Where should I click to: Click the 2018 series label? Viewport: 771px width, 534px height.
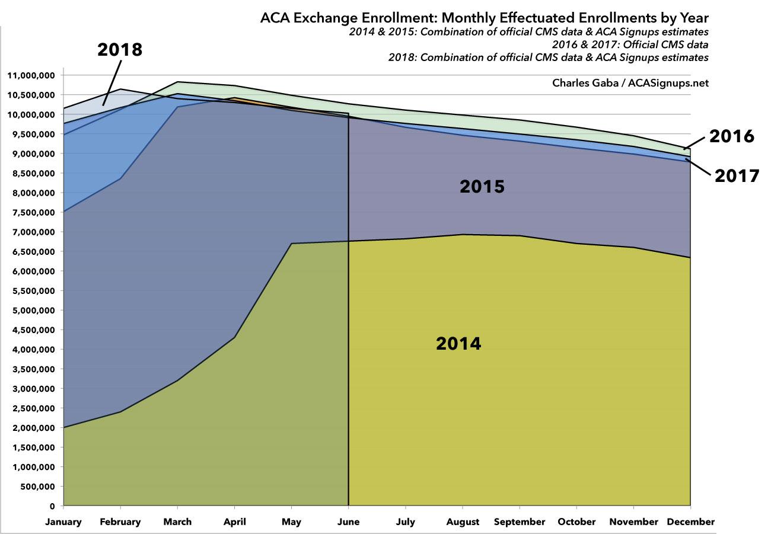(x=120, y=50)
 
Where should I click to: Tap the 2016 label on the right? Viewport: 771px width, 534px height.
(x=731, y=136)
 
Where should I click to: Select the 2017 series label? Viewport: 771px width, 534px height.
(x=737, y=176)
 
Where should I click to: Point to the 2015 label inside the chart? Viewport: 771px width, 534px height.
(x=482, y=187)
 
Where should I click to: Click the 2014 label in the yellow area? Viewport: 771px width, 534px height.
(x=458, y=343)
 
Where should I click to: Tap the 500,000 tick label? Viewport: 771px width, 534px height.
(x=38, y=487)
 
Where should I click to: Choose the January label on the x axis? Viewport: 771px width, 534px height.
(x=63, y=522)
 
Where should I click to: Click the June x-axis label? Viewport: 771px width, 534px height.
(x=348, y=522)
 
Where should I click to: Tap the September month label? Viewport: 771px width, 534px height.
(x=520, y=522)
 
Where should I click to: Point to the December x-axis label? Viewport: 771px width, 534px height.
(x=690, y=522)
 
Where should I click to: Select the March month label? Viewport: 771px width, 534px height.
(x=177, y=522)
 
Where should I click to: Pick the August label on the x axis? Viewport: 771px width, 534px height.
(x=463, y=522)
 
